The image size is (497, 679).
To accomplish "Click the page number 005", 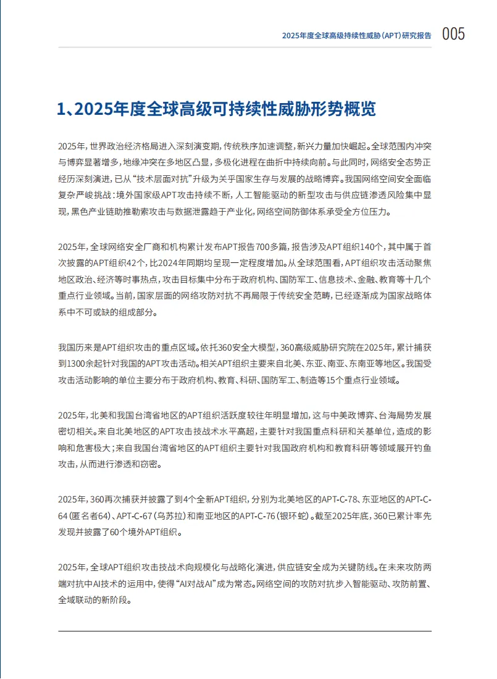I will click(x=453, y=34).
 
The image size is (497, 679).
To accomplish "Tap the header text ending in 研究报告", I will click(x=357, y=36).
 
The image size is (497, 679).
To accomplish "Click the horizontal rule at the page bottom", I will click(x=245, y=631).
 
